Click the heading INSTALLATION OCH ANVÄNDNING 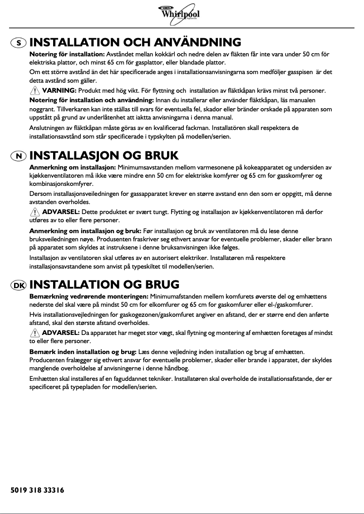135,43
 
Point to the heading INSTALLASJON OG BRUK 104,156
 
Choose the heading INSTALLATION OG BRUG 104,285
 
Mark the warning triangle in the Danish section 34,333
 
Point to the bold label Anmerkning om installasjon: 73,168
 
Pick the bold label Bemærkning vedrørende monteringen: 89,297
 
